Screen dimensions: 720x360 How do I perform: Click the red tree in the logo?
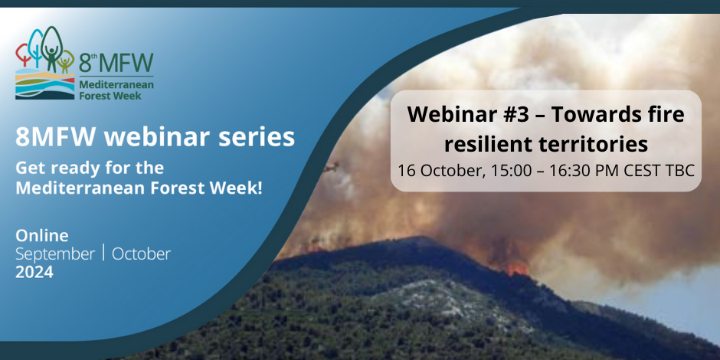[22, 53]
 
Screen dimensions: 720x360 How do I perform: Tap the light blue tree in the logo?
[35, 46]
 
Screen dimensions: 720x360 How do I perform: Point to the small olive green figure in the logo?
[66, 61]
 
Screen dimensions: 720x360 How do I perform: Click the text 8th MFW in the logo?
[116, 62]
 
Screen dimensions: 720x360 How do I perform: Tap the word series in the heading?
[257, 137]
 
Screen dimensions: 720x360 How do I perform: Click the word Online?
[42, 236]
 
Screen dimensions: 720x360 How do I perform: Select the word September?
[56, 255]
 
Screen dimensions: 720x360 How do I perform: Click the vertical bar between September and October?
[103, 253]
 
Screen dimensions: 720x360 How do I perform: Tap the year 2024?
[34, 272]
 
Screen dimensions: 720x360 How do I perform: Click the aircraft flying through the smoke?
[331, 167]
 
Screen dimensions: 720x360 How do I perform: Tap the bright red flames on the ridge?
[518, 269]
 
